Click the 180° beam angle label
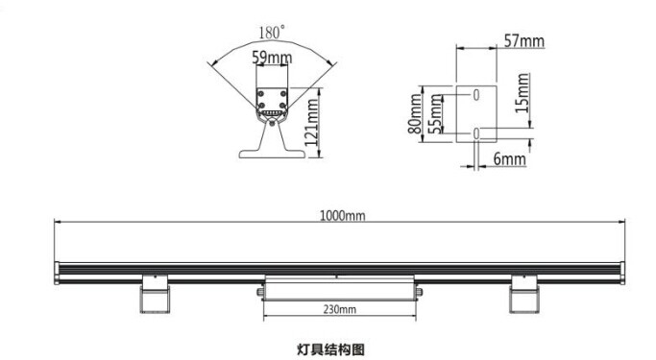coord(272,33)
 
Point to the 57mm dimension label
coord(523,40)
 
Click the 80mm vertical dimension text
coord(415,113)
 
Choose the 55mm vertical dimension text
coord(434,114)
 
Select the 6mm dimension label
coord(508,157)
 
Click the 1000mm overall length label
coord(342,216)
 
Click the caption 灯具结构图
coord(330,349)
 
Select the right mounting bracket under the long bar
coord(523,294)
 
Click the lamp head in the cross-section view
coord(273,102)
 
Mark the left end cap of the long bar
coord(59,275)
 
